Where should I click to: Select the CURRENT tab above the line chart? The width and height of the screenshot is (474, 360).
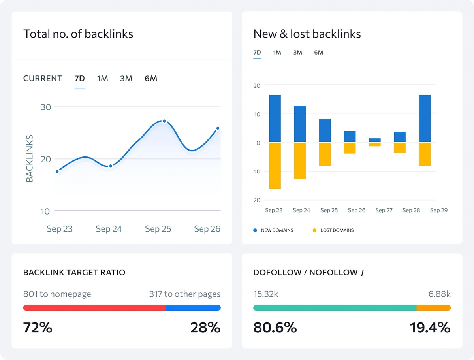(x=43, y=79)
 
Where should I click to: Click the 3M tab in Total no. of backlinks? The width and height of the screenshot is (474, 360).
(x=126, y=79)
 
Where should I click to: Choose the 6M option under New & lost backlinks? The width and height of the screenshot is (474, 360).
(x=318, y=53)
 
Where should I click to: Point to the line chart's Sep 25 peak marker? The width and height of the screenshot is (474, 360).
(x=164, y=121)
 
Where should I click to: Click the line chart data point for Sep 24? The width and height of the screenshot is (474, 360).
(x=111, y=166)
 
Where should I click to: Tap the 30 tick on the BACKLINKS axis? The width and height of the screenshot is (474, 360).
(x=46, y=107)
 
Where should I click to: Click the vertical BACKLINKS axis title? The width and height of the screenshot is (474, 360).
(x=30, y=158)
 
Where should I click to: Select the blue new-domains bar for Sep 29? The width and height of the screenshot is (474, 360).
(x=425, y=119)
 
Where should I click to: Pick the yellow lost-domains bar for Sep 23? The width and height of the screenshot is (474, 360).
(x=275, y=166)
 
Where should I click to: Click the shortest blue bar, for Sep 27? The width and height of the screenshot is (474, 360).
(x=375, y=140)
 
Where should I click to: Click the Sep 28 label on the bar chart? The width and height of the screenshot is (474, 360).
(x=411, y=210)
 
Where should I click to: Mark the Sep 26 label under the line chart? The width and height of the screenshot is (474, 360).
(x=207, y=229)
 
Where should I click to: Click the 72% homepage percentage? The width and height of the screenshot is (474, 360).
(x=38, y=328)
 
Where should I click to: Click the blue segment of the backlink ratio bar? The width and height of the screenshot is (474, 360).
(x=193, y=308)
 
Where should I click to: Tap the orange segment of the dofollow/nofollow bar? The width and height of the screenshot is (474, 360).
(x=433, y=308)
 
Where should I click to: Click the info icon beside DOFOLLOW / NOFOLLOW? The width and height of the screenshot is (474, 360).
(x=363, y=273)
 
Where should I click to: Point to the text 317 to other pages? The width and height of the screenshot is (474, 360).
(x=184, y=294)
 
